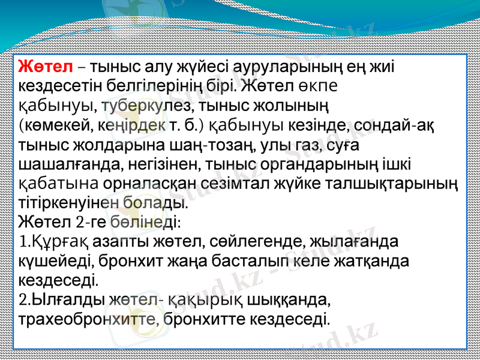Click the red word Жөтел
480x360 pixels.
point(46,65)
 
